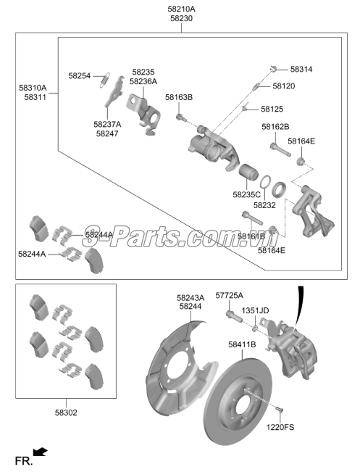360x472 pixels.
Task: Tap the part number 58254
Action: (x=80, y=75)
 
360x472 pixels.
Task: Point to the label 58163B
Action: (x=179, y=96)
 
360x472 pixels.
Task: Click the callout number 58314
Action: (x=301, y=70)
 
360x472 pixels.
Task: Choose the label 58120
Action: (x=283, y=86)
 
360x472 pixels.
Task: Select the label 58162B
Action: (x=276, y=126)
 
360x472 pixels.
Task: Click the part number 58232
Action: (x=264, y=205)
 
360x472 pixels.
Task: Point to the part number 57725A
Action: (x=230, y=295)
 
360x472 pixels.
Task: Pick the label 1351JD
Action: (x=255, y=310)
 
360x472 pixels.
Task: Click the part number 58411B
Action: (x=242, y=344)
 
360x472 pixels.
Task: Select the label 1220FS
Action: (x=280, y=428)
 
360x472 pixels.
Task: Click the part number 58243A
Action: (x=191, y=297)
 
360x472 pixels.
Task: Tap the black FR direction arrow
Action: (x=41, y=453)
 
